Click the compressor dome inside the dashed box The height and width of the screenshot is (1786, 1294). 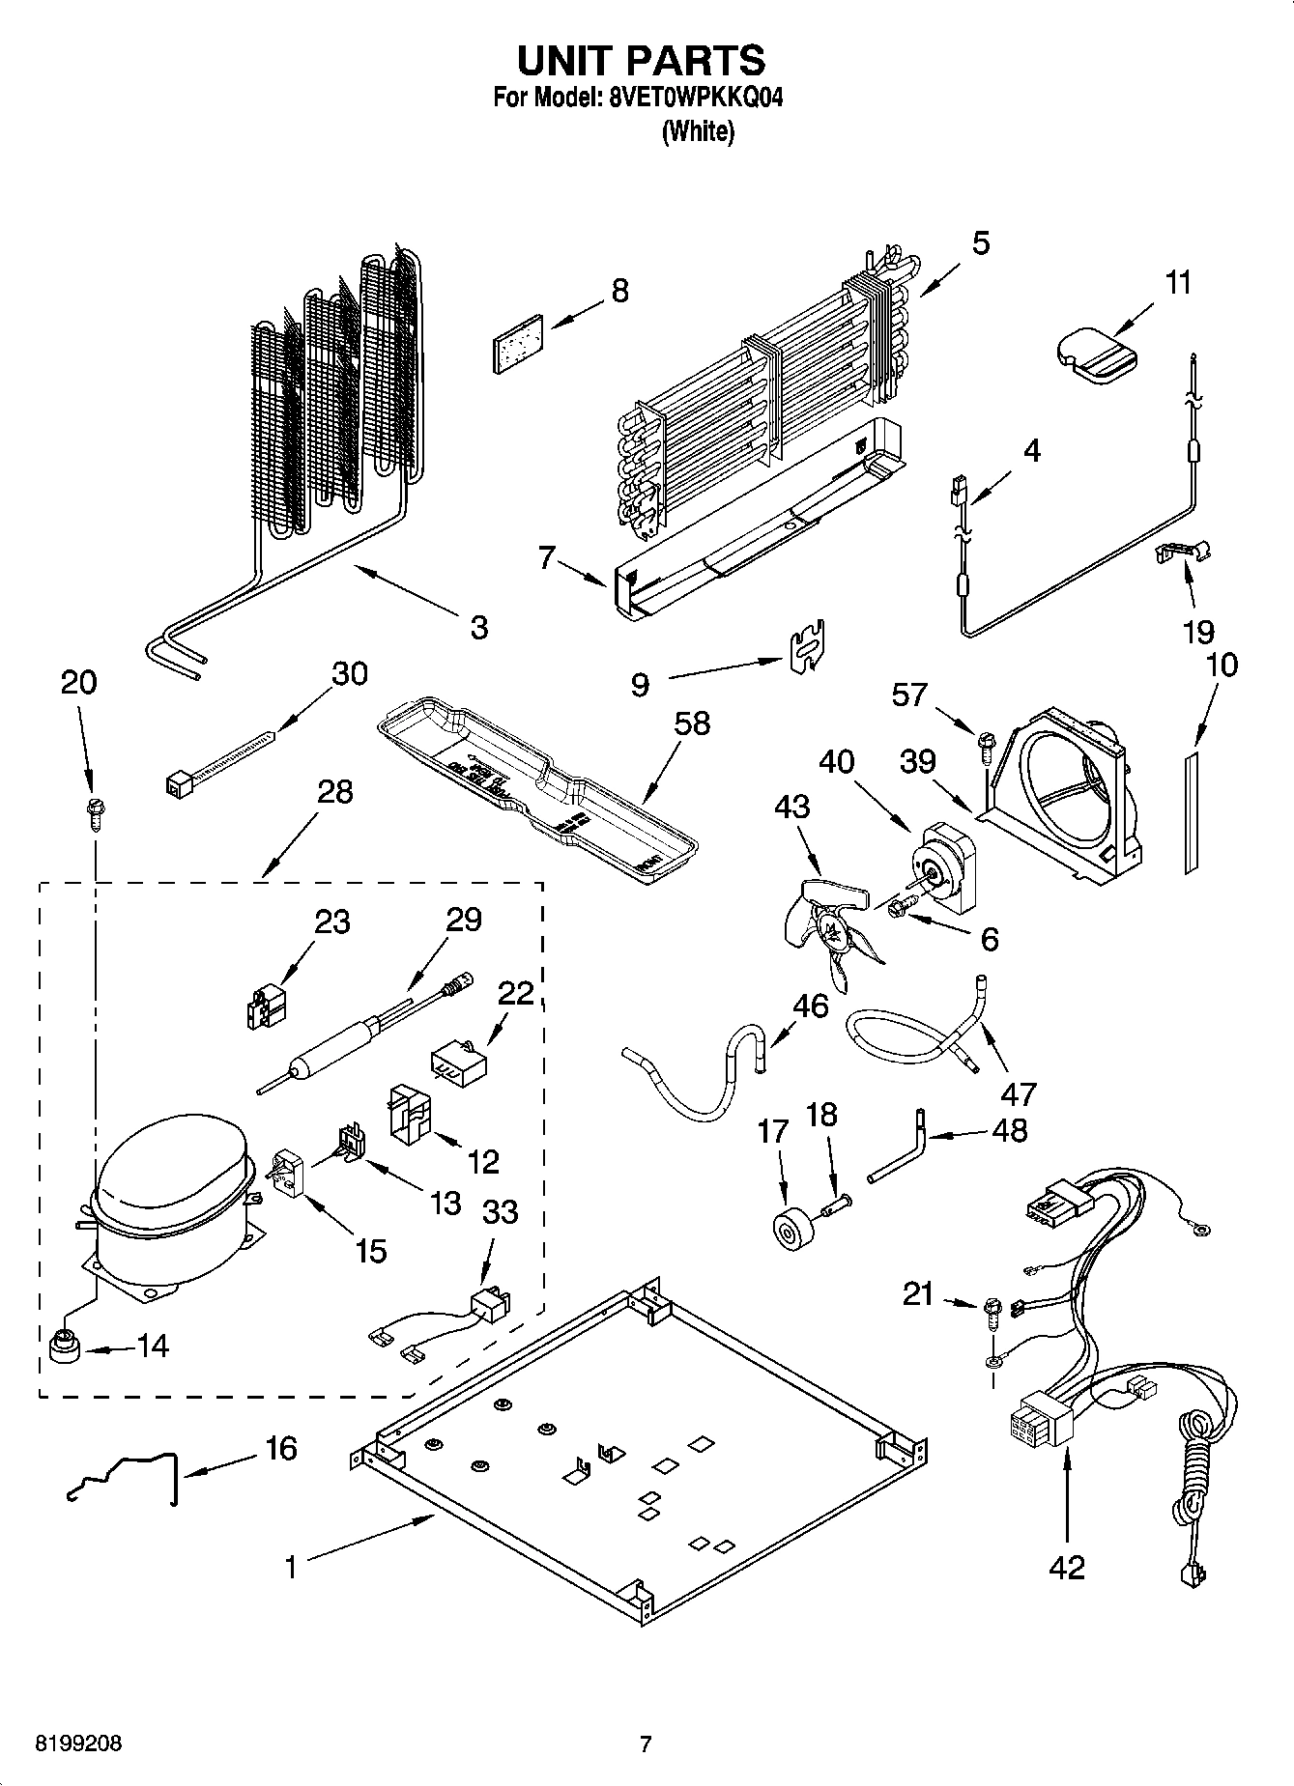170,1178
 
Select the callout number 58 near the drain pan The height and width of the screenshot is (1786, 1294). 692,723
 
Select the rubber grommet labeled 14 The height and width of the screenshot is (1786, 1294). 65,1344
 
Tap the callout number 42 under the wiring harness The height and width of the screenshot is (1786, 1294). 1067,1566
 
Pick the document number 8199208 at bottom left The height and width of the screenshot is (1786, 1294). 79,1743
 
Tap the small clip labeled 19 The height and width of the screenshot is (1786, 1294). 1182,552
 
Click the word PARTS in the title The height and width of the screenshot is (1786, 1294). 697,60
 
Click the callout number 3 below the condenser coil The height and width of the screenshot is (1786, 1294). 478,627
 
